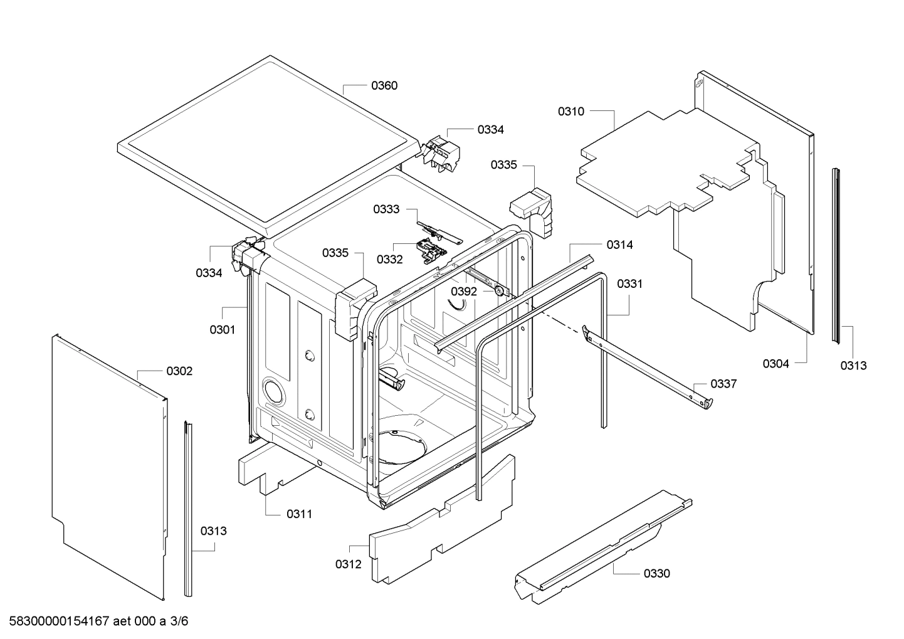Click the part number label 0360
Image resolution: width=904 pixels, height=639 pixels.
click(384, 85)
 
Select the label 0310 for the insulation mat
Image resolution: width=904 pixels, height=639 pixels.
click(570, 111)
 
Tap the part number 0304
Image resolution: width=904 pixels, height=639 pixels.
click(775, 363)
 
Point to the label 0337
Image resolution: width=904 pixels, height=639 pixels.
click(723, 384)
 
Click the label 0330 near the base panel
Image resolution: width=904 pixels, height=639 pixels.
click(656, 573)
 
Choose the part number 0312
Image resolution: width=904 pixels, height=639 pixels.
click(348, 564)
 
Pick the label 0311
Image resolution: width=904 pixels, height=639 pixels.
click(299, 514)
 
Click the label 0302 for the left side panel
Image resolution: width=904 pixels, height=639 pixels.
click(179, 371)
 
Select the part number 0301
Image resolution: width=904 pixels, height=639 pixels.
click(222, 329)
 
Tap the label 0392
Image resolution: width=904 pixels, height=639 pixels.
click(464, 291)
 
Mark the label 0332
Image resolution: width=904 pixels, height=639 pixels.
click(389, 259)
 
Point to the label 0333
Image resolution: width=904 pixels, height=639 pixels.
click(386, 209)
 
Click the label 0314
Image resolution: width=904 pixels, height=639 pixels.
click(619, 245)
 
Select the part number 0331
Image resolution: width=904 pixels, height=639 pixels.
click(629, 284)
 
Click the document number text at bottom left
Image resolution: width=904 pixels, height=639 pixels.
click(95, 621)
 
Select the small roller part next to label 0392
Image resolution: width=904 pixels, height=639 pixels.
click(499, 290)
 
